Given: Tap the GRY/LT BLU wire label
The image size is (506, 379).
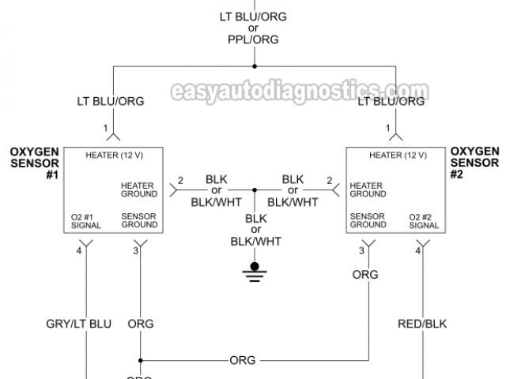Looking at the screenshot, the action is (78, 324).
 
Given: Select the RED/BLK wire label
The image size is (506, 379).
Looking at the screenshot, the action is (421, 324).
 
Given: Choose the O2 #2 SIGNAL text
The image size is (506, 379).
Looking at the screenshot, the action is (424, 220).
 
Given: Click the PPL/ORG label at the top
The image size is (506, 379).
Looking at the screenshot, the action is (254, 40).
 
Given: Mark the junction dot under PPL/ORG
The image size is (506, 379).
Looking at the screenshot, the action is (255, 66).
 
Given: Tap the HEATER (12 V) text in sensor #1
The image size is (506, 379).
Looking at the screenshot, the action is (114, 155).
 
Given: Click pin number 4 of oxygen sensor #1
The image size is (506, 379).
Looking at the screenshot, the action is (78, 251).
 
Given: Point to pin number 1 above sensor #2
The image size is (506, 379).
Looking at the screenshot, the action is (388, 127).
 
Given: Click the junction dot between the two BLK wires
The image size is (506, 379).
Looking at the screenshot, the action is (255, 190).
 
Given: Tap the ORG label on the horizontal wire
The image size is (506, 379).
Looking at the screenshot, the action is (242, 360).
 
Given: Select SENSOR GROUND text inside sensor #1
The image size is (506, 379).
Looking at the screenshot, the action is (138, 220).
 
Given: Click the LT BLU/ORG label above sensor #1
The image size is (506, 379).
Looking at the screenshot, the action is (110, 101).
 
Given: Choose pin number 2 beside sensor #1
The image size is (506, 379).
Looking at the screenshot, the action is (180, 181).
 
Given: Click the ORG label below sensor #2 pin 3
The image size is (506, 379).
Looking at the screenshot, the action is (365, 275).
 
